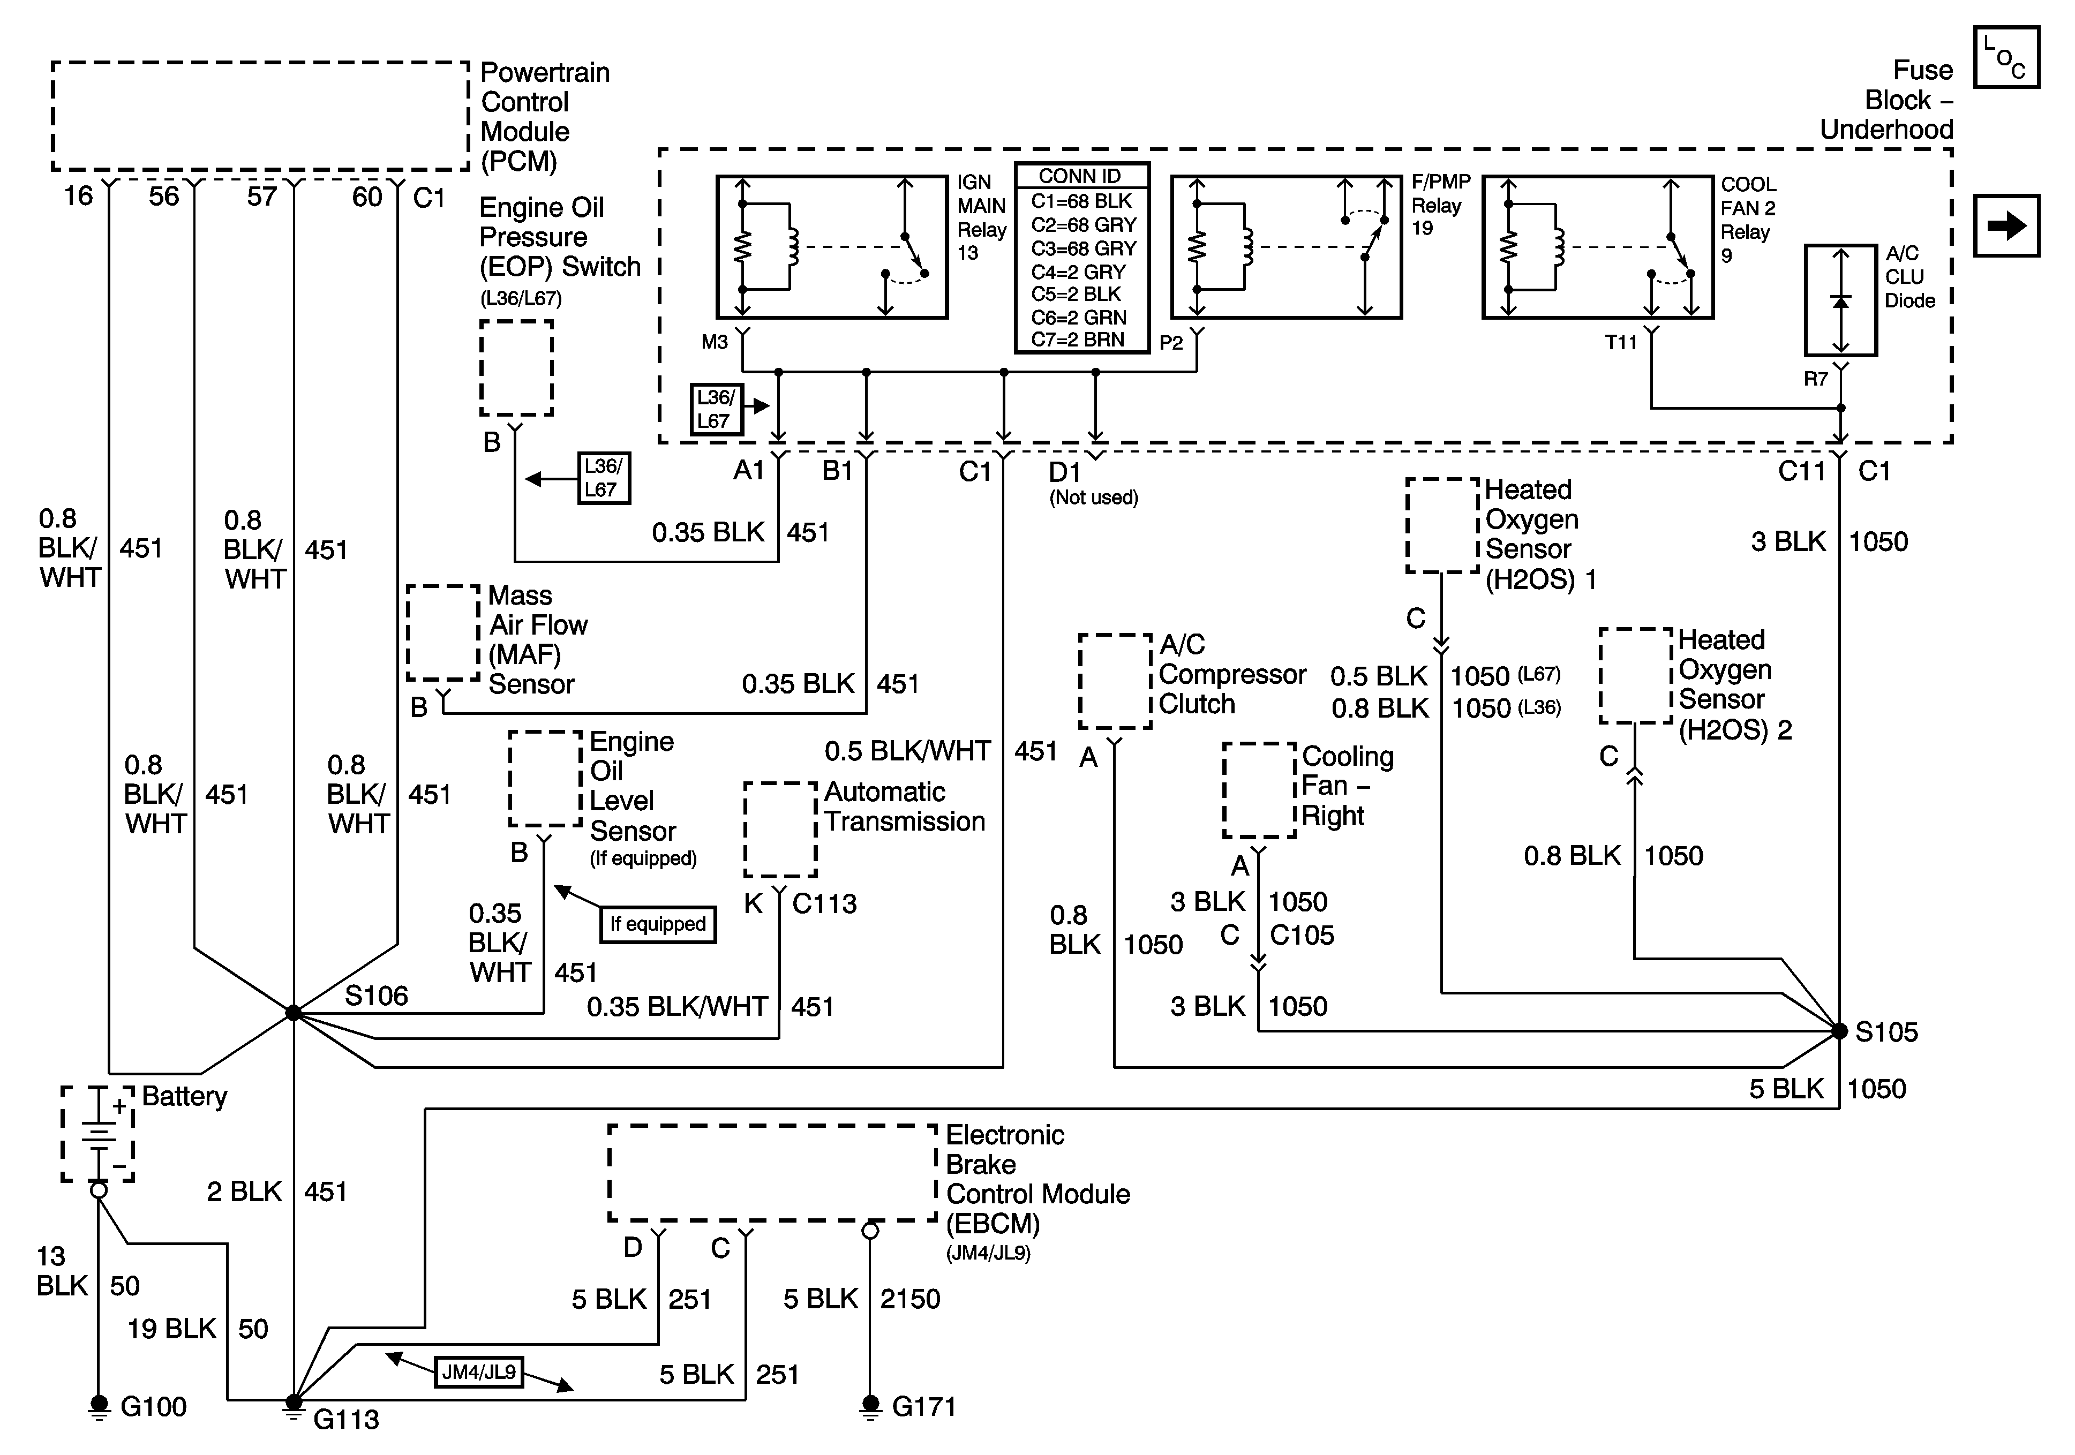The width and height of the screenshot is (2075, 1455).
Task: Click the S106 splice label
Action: tap(376, 996)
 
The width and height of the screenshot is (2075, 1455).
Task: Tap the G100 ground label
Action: tap(153, 1406)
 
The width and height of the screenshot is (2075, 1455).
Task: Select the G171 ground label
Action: tap(923, 1406)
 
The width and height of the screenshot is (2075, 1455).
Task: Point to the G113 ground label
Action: tap(346, 1420)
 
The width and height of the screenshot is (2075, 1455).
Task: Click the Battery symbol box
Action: tap(97, 1133)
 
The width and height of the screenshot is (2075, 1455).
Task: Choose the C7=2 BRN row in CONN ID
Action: tap(1078, 340)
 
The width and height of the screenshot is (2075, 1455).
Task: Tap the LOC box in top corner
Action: tap(2006, 57)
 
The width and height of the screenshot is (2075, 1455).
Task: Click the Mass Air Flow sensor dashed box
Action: tap(443, 632)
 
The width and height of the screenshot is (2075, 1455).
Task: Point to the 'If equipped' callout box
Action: tap(658, 924)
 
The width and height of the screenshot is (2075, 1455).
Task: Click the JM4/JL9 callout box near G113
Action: tap(479, 1372)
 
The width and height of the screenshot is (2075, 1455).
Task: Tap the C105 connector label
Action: tap(1302, 936)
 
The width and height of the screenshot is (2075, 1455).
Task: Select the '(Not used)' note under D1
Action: tap(1094, 498)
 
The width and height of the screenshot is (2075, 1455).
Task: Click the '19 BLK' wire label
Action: tap(172, 1329)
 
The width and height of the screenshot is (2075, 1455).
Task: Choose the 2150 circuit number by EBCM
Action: tap(910, 1299)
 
